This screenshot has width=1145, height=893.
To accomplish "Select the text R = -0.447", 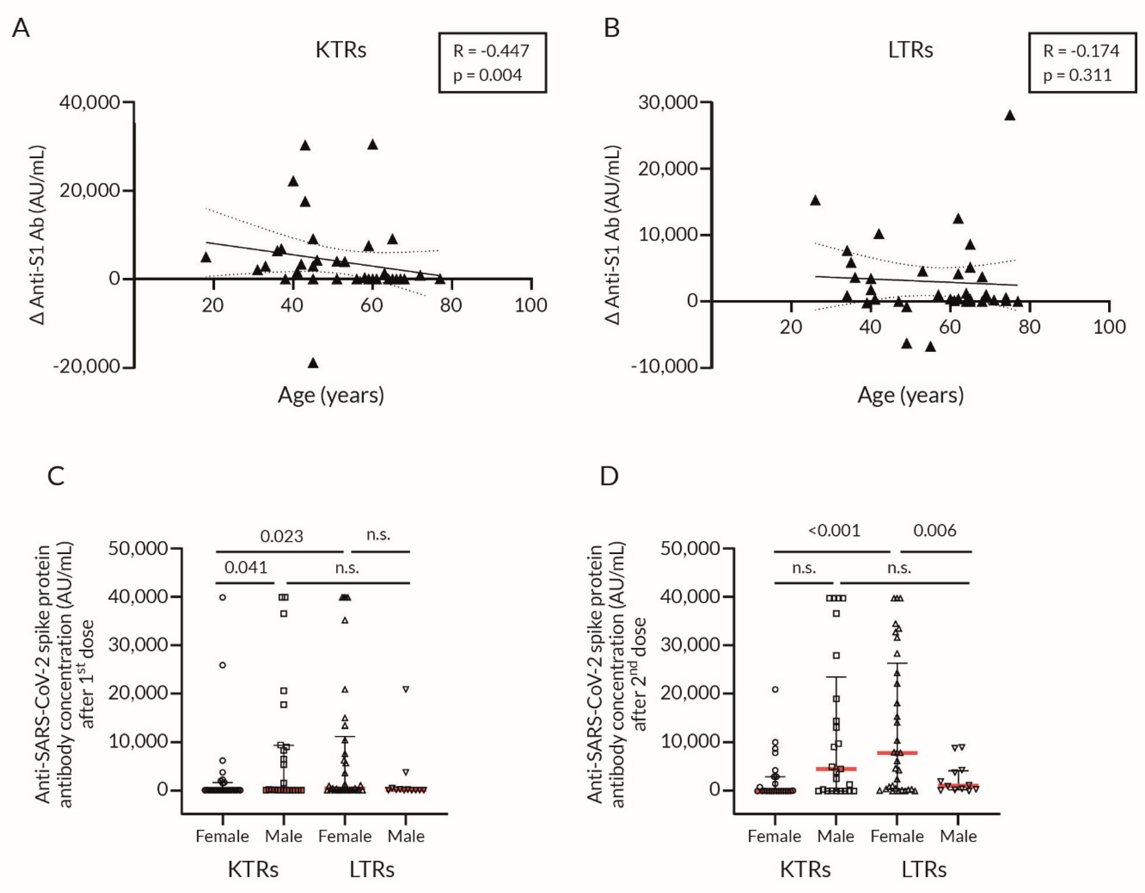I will pos(491,51).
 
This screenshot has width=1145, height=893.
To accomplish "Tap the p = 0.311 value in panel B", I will pos(1078,75).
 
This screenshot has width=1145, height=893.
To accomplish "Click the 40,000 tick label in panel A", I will pos(90,102).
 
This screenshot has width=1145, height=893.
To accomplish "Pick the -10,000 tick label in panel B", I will pos(664,366).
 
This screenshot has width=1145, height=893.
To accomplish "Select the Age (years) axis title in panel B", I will pos(911,395).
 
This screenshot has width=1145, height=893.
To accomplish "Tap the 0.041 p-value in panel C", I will pos(246,567).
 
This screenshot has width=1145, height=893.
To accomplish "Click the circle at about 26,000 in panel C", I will pos(222,665).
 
